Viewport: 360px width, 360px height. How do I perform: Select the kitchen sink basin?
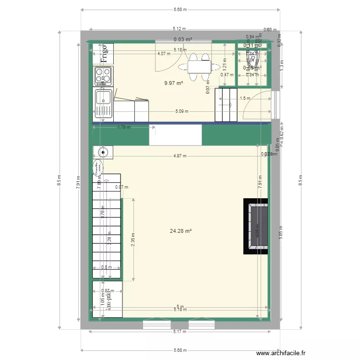[103, 97]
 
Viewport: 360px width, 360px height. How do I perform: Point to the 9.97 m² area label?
[173, 83]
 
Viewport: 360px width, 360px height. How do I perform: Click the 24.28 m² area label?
[180, 231]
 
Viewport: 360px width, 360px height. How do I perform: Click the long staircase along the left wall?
[106, 226]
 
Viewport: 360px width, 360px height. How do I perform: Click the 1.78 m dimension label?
[124, 127]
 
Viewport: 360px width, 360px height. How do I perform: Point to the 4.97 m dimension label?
[180, 156]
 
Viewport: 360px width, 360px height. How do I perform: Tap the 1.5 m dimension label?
[245, 98]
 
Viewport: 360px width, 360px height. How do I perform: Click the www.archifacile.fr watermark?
[282, 352]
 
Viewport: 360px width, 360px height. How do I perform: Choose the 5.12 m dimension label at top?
[180, 29]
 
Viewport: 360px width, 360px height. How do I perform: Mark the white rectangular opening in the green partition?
[175, 135]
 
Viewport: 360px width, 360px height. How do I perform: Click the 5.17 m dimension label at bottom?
[180, 331]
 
